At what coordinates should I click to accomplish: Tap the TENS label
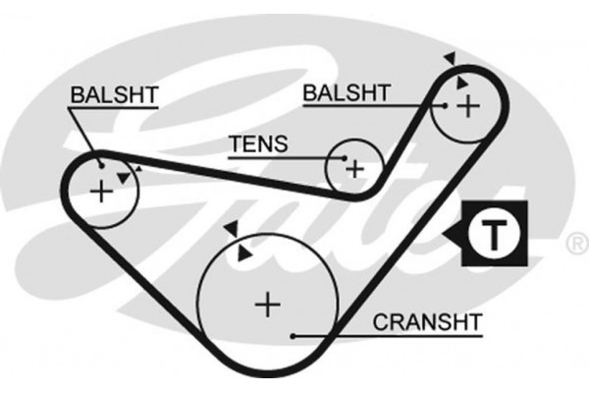point(258,145)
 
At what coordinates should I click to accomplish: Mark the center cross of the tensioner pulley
point(353,169)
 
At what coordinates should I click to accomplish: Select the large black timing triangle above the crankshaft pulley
point(231,229)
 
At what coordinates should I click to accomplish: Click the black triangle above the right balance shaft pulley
point(449,59)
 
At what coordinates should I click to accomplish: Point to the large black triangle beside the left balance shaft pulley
point(122,177)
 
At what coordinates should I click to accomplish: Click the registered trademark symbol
point(574,241)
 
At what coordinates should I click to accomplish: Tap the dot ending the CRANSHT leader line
point(294,336)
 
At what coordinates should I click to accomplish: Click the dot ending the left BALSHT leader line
point(101,163)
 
